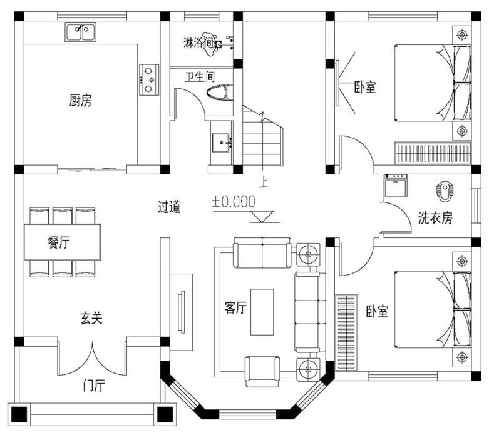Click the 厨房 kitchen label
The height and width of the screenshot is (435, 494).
point(80,100)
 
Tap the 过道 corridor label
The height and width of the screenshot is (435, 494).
point(169,207)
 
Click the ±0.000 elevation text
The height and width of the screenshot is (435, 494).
point(234,202)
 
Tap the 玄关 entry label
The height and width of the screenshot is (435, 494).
point(91,318)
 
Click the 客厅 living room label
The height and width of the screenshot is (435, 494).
point(235,307)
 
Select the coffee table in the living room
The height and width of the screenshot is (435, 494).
point(261,311)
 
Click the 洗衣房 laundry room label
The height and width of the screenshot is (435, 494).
point(436,218)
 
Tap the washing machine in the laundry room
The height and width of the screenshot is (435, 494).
point(396,185)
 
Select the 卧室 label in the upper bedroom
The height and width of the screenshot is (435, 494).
point(365,87)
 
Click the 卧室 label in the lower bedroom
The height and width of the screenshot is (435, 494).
point(377,311)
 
